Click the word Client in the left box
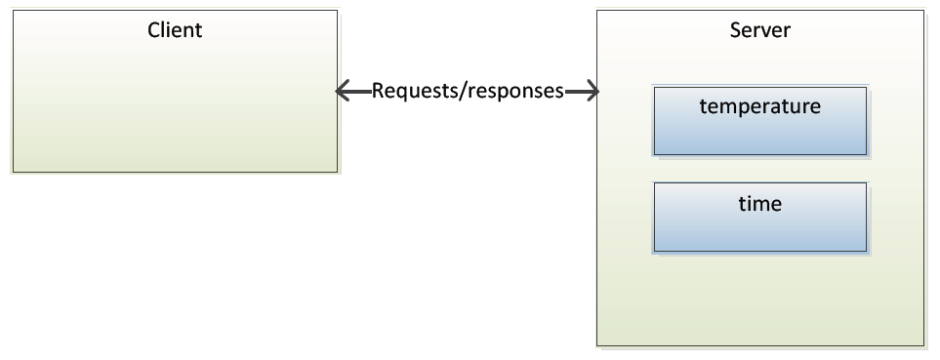coord(175,29)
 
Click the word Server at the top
coord(759,29)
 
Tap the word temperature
coord(759,106)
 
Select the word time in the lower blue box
coord(759,203)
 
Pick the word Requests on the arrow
coord(417,92)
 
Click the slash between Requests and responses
coord(467,92)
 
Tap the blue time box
coord(759,229)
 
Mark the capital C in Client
coord(153,29)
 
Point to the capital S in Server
coord(735,29)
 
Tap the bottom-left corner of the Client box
coord(12,173)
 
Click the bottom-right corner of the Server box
coord(923,344)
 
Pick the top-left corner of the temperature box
coord(654,88)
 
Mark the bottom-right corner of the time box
coord(866,250)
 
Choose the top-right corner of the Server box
coord(923,11)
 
